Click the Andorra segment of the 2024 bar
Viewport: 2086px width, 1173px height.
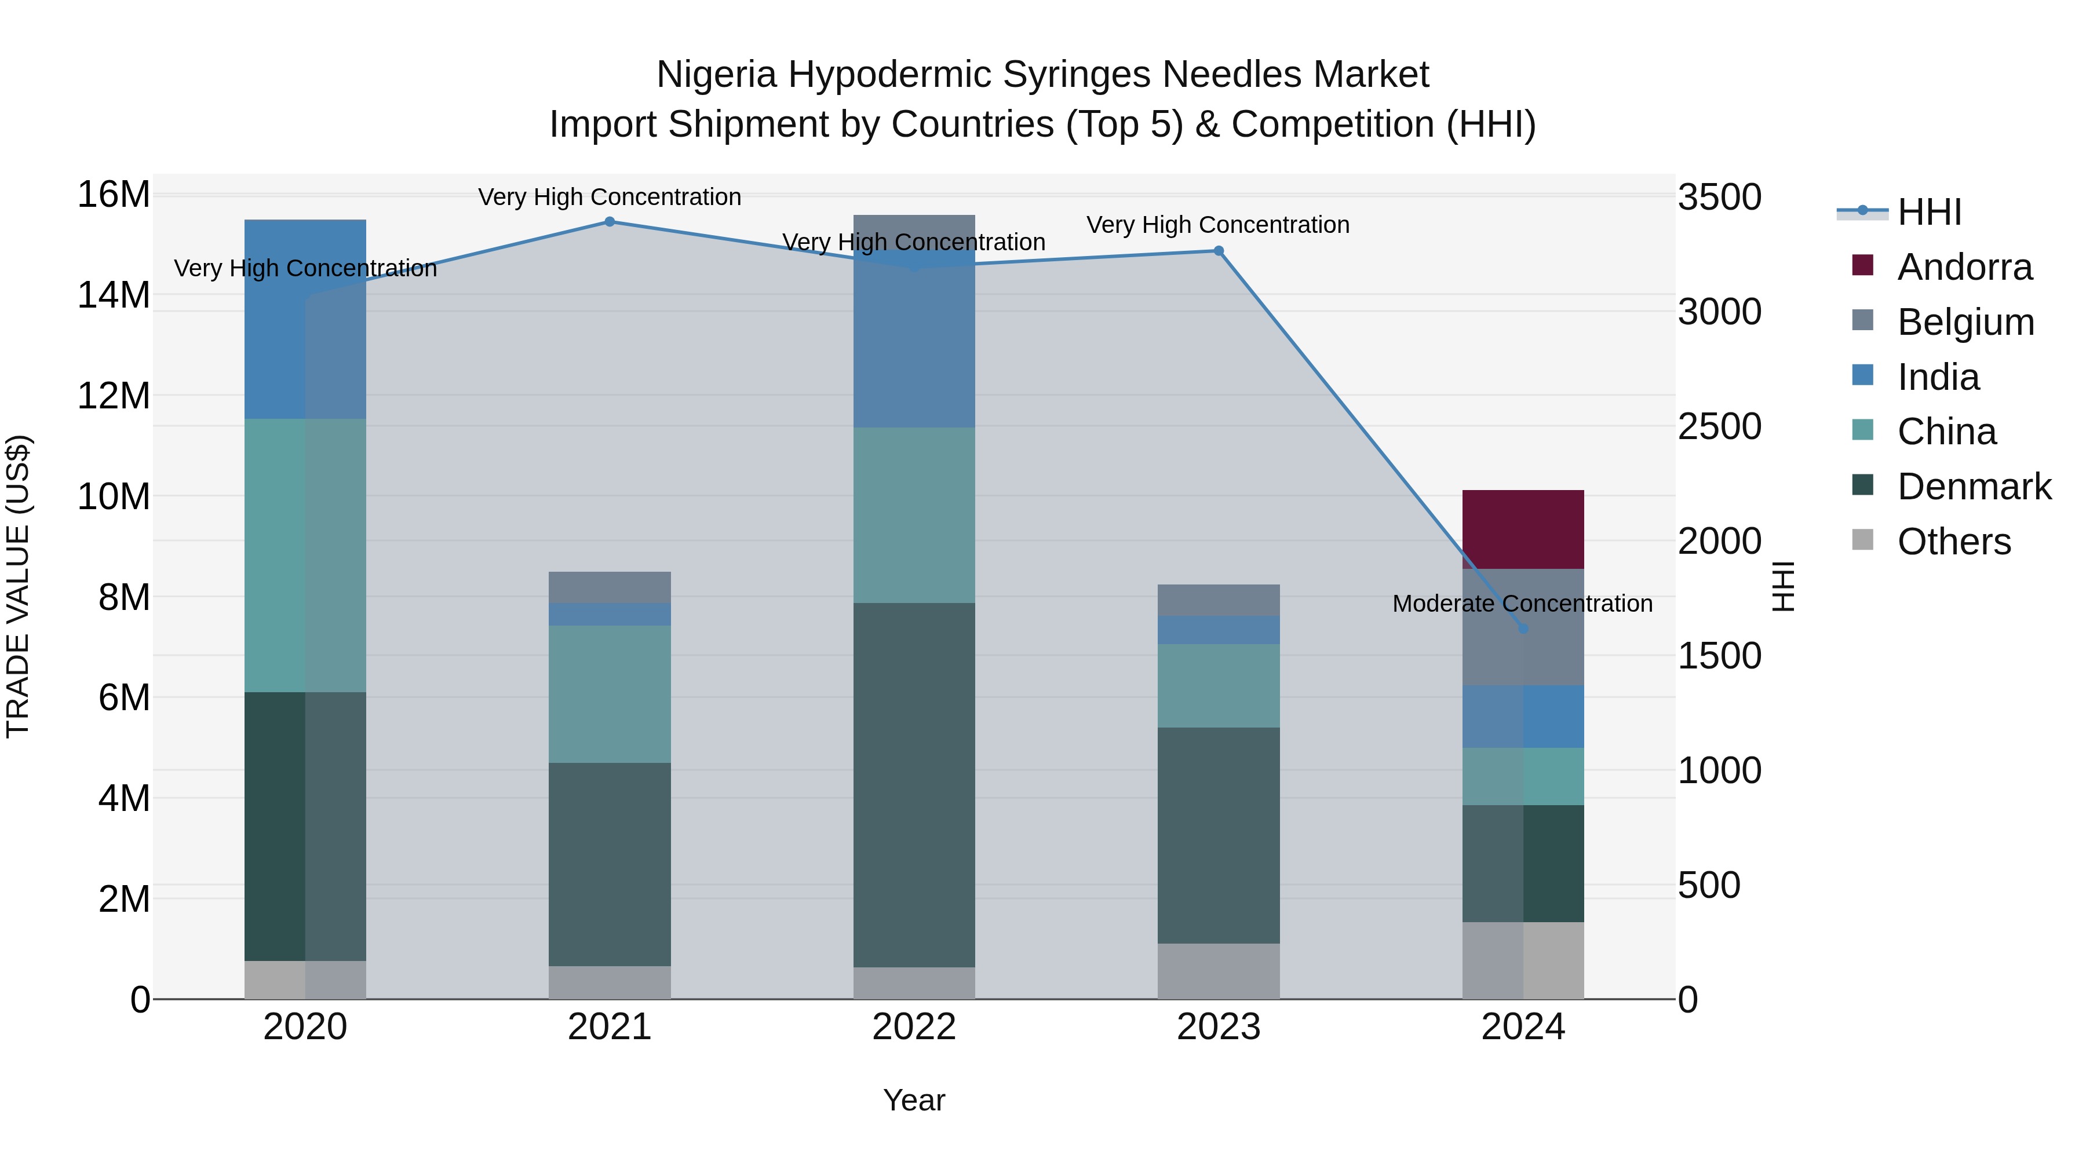click(x=1522, y=529)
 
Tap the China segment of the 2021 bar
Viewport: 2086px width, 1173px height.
click(x=610, y=694)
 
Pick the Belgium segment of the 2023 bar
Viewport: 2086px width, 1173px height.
click(x=1218, y=600)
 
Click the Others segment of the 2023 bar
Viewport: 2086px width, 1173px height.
click(x=1218, y=971)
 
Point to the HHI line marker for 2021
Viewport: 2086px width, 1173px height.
click(x=610, y=222)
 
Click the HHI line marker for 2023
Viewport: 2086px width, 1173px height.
click(x=1218, y=251)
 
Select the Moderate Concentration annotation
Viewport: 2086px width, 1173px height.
click(x=1522, y=604)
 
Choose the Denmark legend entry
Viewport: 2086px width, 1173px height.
click(x=1974, y=487)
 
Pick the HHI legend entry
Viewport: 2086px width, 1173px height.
click(x=1929, y=212)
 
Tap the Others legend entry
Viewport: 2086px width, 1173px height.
click(x=1953, y=542)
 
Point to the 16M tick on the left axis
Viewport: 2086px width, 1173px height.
click(x=114, y=195)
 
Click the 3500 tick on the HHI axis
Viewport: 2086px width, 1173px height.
click(x=1719, y=198)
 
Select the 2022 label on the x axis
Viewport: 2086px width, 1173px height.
click(x=914, y=1027)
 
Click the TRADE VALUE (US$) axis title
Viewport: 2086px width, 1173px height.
click(x=18, y=586)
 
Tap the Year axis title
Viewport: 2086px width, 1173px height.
click(x=914, y=1100)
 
